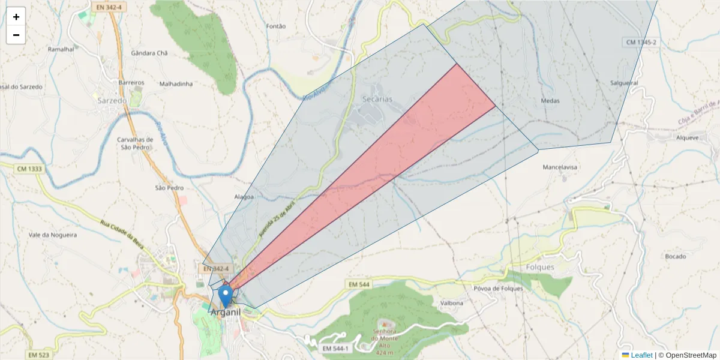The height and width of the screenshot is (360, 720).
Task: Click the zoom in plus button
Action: click(x=16, y=17)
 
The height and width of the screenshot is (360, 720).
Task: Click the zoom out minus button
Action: click(x=16, y=35)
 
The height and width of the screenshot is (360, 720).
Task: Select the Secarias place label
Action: click(x=377, y=99)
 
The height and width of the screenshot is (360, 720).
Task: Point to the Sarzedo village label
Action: click(x=112, y=101)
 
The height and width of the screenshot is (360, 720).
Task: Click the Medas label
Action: click(x=550, y=101)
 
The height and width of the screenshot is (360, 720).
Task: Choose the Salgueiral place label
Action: click(x=623, y=83)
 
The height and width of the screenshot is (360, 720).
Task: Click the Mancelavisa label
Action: click(x=560, y=167)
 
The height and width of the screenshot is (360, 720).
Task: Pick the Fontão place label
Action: click(x=275, y=26)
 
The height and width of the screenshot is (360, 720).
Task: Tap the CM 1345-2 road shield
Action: click(x=641, y=42)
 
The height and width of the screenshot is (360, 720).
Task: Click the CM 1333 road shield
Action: click(x=29, y=169)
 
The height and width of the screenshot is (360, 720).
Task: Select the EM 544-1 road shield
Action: click(x=335, y=349)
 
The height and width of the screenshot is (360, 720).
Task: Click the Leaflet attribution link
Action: click(x=641, y=355)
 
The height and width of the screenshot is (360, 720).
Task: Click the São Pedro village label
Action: click(x=169, y=188)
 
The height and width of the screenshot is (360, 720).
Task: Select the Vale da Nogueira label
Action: click(x=52, y=235)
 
